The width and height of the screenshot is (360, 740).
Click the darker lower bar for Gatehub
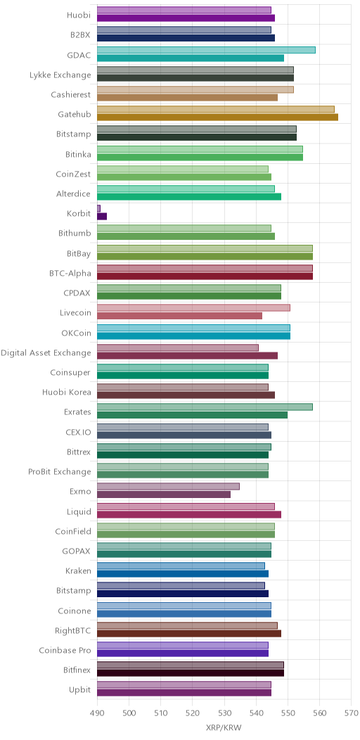217,117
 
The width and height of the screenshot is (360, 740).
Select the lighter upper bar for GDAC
206,50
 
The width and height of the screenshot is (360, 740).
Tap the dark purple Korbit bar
102,217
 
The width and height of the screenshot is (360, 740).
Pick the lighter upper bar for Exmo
169,487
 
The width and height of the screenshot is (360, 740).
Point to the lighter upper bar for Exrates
205,407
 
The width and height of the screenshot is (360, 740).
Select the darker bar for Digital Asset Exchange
187,356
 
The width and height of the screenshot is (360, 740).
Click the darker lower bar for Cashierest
187,98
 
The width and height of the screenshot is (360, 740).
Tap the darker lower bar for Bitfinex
191,673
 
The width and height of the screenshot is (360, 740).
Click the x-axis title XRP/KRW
224,728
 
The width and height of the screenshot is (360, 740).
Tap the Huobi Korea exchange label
67,392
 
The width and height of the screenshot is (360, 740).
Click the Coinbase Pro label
65,650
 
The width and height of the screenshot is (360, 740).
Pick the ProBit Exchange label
60,471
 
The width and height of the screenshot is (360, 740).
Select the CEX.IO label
78,431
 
